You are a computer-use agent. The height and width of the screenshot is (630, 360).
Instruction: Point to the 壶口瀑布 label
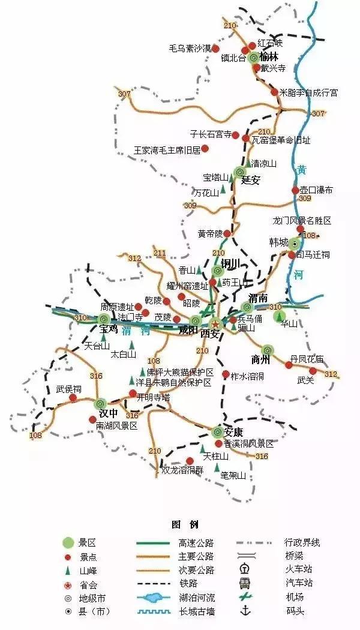pos(316,190)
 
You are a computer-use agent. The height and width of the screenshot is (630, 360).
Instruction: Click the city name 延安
pos(250,180)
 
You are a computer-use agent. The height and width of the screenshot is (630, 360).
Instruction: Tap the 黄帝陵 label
pos(209,233)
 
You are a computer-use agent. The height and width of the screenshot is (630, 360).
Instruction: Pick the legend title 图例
pos(181,525)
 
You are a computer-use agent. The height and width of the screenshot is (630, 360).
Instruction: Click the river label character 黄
pos(301,170)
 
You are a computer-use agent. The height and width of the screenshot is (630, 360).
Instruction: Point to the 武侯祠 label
pos(68,388)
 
